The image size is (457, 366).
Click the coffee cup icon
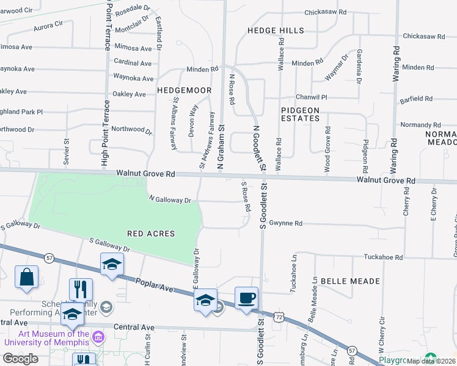coord(246,298)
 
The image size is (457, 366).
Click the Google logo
coord(20,358)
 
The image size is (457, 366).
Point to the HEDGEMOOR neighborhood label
coord(184,90)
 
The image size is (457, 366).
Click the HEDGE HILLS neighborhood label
coord(276,30)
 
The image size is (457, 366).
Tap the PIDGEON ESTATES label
coord(300,113)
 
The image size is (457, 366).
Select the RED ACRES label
coord(151,234)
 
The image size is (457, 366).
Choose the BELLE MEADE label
coord(355,281)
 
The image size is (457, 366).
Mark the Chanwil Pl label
coord(312,97)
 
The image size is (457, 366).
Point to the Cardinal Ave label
coord(133,63)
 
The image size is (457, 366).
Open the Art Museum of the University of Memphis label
coord(46,338)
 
